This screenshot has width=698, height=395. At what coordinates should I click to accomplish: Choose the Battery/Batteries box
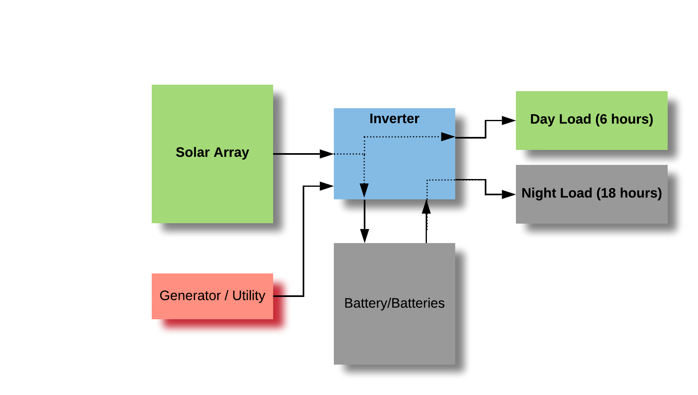(394, 332)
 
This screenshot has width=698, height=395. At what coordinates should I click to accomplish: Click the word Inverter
(394, 119)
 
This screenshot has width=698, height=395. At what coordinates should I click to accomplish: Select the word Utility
(248, 296)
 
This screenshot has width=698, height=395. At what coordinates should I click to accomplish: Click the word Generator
(190, 296)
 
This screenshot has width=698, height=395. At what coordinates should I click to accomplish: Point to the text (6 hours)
(624, 119)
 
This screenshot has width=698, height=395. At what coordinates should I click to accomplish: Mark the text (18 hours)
(629, 193)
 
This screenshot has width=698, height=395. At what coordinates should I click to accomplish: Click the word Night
(536, 193)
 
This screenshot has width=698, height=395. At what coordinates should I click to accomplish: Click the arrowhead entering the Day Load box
(509, 120)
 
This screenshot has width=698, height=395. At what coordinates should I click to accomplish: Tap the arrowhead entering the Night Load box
(509, 194)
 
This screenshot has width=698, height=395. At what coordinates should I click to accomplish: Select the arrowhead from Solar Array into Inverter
(327, 154)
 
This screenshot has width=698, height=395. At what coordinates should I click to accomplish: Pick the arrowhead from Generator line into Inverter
(327, 186)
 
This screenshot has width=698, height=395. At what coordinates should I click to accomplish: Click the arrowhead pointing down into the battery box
(365, 236)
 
